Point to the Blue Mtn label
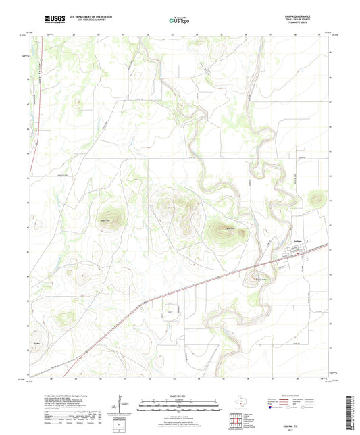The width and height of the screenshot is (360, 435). pos(230,230)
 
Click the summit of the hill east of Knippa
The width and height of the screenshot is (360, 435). pos(315,199)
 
